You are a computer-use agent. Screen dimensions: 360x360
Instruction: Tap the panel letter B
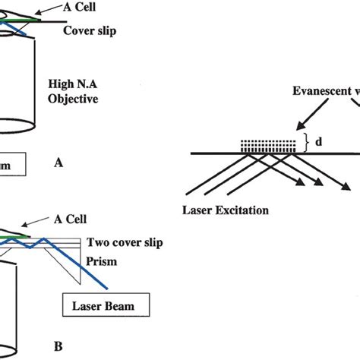click(57, 346)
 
